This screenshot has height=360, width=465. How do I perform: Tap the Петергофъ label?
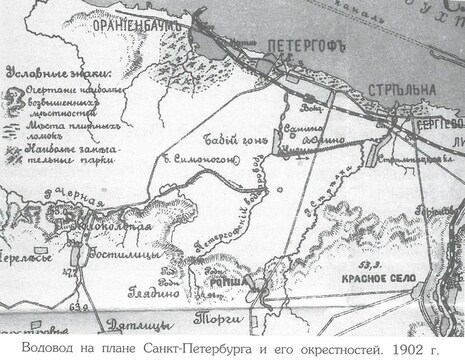point(304,45)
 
